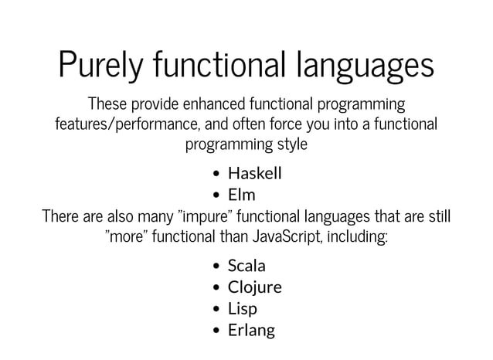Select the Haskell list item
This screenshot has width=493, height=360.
click(x=254, y=173)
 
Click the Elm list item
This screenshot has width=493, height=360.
click(x=241, y=195)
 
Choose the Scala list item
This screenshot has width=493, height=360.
click(x=246, y=266)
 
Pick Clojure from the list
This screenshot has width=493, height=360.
click(x=254, y=287)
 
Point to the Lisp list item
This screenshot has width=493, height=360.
click(x=242, y=309)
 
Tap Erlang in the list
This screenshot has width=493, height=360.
click(x=251, y=331)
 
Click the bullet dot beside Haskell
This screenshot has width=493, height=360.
click(x=218, y=174)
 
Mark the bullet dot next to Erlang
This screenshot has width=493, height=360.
click(x=218, y=331)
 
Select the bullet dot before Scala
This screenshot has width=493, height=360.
click(x=218, y=267)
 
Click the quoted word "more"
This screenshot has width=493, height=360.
click(x=127, y=235)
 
